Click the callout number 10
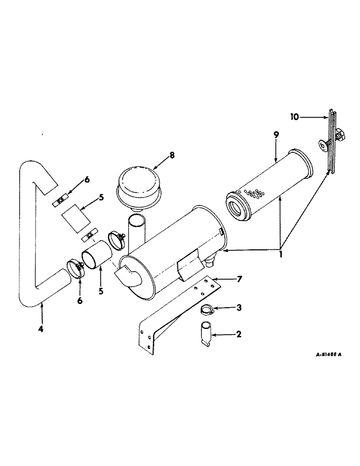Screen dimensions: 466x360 294,117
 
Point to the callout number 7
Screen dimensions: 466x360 239,280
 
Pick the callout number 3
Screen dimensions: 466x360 238,308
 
